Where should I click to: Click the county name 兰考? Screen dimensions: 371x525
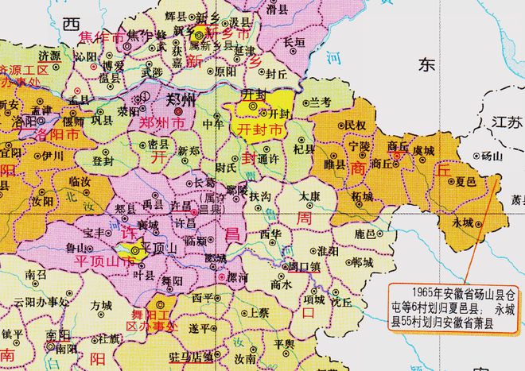[x=320, y=102]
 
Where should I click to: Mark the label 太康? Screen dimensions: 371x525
[x=309, y=195]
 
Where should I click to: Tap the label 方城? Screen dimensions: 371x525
[x=101, y=304]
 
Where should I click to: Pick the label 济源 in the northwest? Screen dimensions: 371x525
[x=49, y=57]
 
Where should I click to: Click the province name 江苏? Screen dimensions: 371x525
[x=505, y=122]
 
